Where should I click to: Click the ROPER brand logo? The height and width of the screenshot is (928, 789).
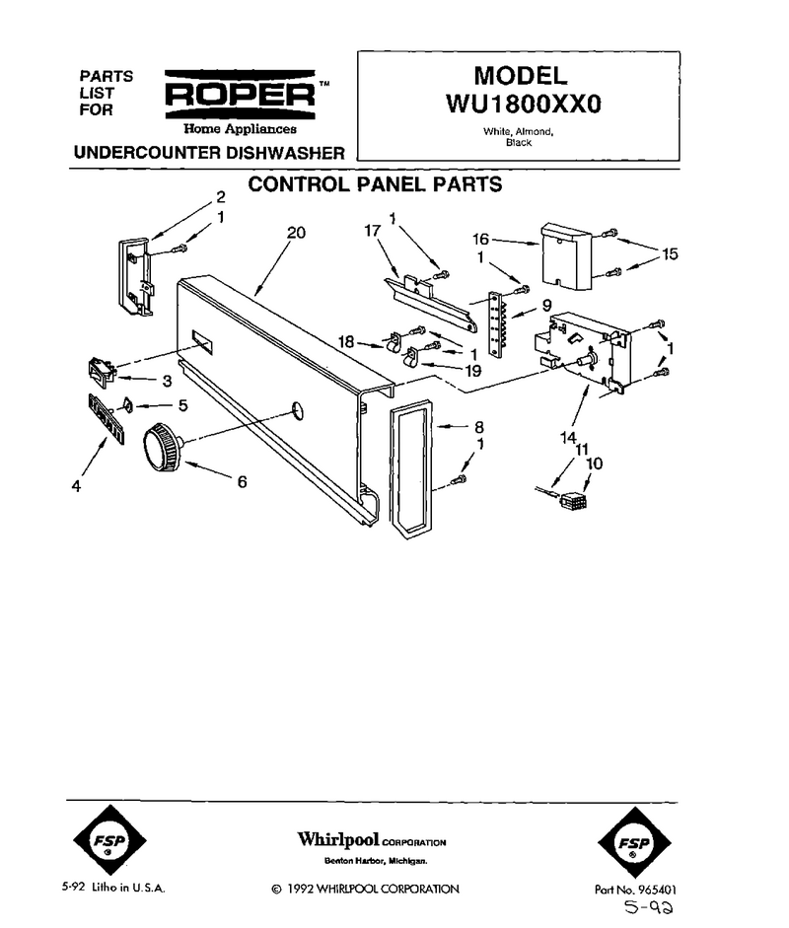click(x=240, y=95)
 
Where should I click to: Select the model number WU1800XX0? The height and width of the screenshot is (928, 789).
click(x=524, y=105)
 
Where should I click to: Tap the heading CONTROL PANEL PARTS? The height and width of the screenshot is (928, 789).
click(x=375, y=184)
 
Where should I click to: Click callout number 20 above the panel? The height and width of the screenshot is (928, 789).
click(x=296, y=233)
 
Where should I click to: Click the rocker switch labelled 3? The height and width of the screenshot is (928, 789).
click(x=101, y=372)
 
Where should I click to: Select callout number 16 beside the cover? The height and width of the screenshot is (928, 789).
click(x=480, y=239)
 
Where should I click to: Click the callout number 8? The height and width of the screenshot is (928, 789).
click(x=479, y=427)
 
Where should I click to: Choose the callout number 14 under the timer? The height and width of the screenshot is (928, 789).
click(x=568, y=437)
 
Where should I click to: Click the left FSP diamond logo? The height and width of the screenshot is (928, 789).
click(x=109, y=840)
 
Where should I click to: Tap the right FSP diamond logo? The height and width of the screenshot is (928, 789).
click(x=634, y=842)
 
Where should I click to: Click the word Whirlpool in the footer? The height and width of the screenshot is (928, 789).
click(x=338, y=839)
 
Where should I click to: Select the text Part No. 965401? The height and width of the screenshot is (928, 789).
click(x=635, y=889)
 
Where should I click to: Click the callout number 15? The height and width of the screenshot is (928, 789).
click(x=670, y=253)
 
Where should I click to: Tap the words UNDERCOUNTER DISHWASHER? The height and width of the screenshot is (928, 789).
click(x=209, y=153)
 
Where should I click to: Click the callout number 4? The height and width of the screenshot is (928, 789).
click(x=76, y=486)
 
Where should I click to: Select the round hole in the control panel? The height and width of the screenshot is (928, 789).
click(x=298, y=410)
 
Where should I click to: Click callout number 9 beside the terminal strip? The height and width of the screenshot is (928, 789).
click(x=547, y=306)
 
